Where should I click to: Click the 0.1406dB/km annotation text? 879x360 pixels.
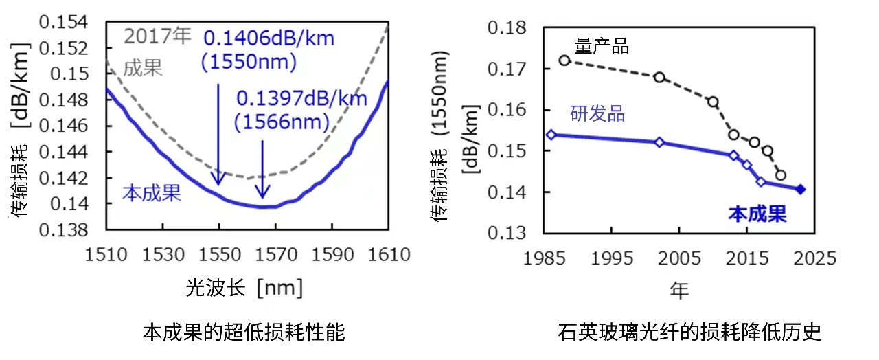point(269,38)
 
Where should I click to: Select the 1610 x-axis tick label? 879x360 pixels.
point(389,256)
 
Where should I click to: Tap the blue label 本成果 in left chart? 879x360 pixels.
point(152,194)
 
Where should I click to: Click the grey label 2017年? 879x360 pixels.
point(158,36)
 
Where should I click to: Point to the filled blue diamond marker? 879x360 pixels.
point(801,190)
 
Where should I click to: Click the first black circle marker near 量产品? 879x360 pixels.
point(564,60)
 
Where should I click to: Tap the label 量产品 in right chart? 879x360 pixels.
point(602,47)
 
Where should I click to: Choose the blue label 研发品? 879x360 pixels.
point(597,114)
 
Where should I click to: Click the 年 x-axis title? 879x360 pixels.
point(679,291)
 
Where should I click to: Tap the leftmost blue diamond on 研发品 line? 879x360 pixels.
point(551,135)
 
